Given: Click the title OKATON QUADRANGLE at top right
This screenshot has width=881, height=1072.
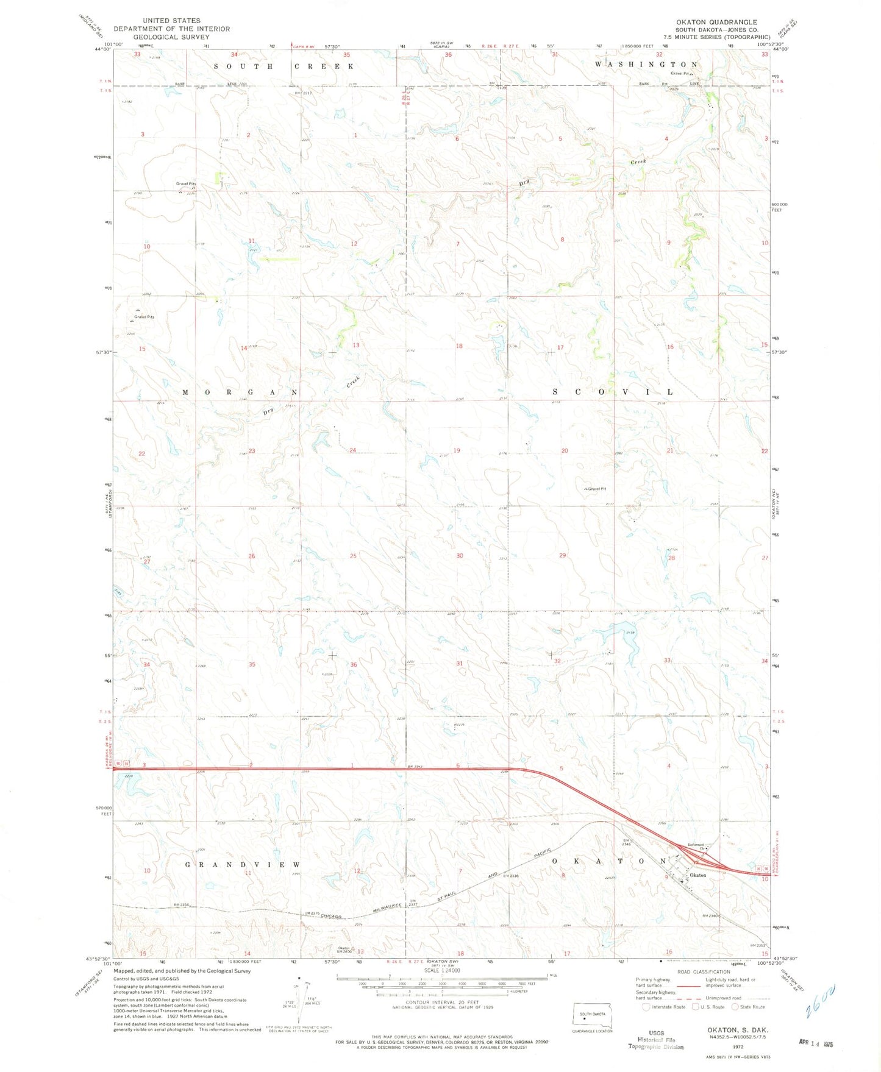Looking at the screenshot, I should [x=716, y=22].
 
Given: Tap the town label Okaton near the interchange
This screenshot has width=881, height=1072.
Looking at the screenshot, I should [x=697, y=875].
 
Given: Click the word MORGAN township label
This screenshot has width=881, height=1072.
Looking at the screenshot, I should [x=240, y=392].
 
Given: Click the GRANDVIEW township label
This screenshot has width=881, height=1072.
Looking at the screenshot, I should [x=243, y=864].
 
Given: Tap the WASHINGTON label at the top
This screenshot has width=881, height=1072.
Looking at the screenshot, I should [x=646, y=64].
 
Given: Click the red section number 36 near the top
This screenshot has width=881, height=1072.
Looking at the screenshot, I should [x=448, y=55].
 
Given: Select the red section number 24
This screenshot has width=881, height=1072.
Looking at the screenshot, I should [x=352, y=450].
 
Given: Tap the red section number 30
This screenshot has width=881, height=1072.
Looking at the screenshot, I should [x=460, y=556].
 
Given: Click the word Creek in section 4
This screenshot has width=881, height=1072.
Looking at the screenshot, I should [x=638, y=162].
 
